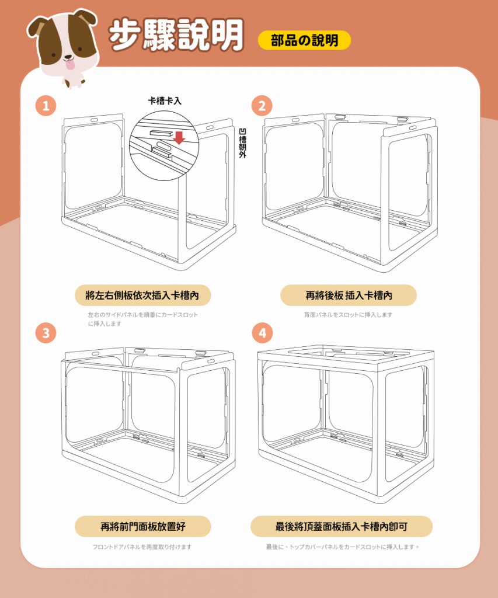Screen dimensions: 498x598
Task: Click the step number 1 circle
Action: [46, 105]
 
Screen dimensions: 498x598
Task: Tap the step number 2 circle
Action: [262, 105]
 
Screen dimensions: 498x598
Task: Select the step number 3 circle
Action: [46, 332]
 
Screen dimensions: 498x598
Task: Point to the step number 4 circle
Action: [262, 332]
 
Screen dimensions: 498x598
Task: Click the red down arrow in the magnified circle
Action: [179, 138]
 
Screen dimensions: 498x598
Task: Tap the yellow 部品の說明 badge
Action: [304, 40]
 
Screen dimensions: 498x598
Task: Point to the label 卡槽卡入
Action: [165, 100]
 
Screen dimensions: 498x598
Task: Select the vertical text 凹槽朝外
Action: [242, 143]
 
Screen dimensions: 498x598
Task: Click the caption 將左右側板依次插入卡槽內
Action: [142, 295]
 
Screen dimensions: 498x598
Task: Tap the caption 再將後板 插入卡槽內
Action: [349, 295]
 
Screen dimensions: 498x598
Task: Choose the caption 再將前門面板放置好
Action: [142, 526]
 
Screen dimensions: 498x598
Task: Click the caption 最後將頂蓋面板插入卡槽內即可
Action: [342, 526]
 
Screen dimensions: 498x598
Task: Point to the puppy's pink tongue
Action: [70, 66]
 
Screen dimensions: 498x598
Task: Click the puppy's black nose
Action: [68, 58]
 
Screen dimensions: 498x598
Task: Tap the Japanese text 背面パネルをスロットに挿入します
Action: [348, 315]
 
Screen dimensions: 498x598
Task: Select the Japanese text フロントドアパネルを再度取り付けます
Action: [142, 547]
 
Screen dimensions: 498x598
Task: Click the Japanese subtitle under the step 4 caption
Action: [343, 547]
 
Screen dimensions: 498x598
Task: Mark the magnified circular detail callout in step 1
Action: [164, 145]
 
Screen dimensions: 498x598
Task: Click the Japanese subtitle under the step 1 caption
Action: [142, 319]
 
